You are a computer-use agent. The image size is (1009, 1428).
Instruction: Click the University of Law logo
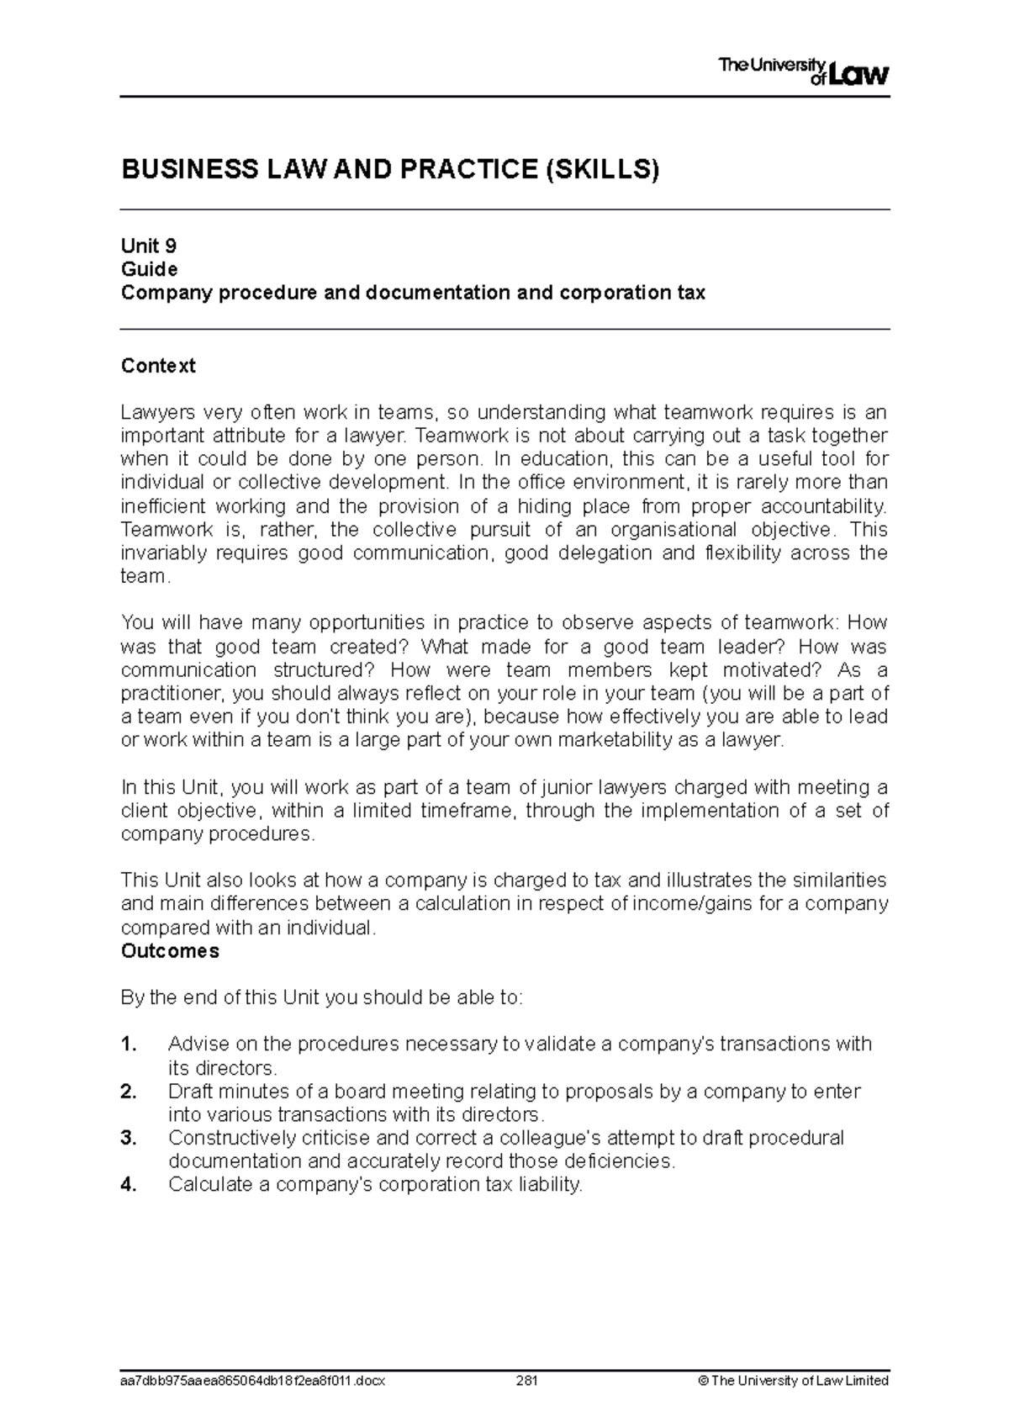(803, 71)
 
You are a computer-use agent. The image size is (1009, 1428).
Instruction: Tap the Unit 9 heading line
(149, 246)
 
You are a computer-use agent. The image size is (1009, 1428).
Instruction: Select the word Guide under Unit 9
(149, 269)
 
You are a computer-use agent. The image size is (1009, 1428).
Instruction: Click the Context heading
(158, 366)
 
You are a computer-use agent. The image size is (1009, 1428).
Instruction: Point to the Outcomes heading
(170, 951)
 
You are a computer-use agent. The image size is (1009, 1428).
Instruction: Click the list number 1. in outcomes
(129, 1045)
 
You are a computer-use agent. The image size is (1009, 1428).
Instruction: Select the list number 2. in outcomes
(129, 1092)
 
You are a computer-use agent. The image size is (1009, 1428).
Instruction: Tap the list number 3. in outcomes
(129, 1139)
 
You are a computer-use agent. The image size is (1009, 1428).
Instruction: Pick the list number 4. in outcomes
(129, 1185)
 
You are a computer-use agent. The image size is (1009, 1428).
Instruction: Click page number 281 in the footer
(527, 1381)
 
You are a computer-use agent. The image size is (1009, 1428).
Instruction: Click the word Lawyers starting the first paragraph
(157, 413)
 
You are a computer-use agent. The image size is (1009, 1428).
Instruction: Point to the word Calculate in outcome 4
(206, 1185)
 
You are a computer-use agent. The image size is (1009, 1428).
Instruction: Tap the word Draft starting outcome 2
(190, 1092)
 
